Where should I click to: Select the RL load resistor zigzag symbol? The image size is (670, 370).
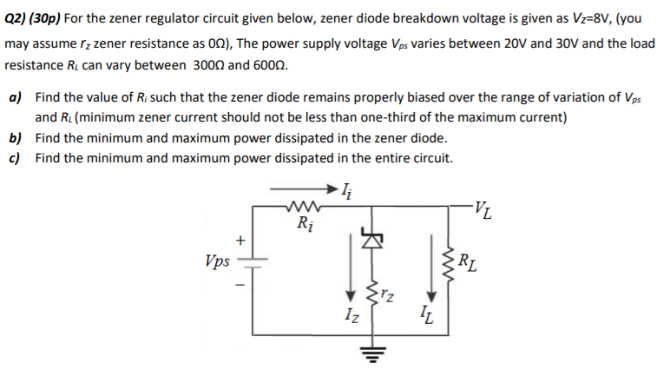[449, 258]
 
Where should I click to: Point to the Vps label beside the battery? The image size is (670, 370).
[217, 260]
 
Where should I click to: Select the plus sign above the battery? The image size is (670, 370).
[243, 239]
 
